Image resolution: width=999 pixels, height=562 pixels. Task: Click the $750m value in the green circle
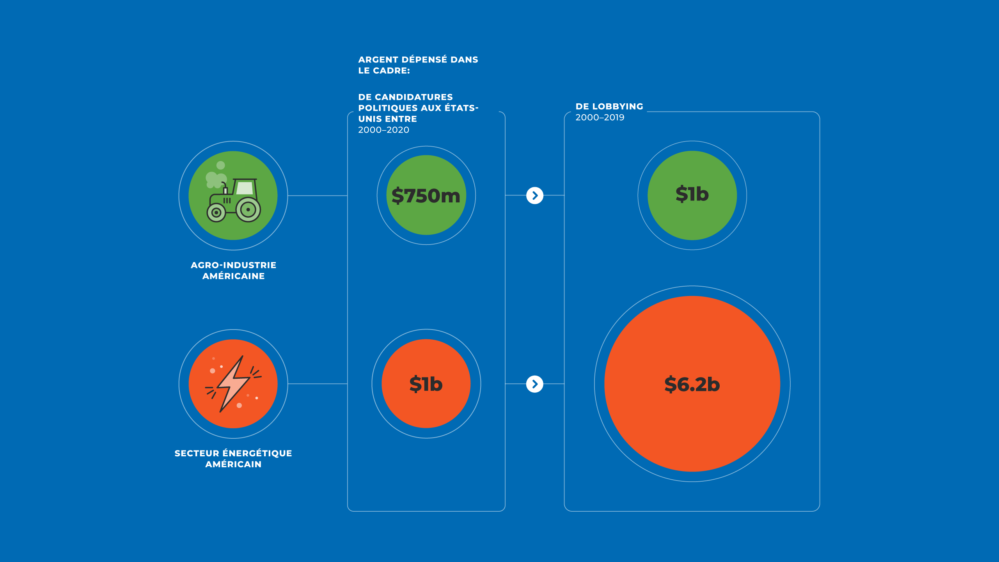(x=426, y=195)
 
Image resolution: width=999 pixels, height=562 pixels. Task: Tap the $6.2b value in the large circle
(x=692, y=384)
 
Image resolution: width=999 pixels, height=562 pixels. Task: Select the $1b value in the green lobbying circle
(x=692, y=194)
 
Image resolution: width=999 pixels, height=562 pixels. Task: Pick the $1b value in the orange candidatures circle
(x=426, y=384)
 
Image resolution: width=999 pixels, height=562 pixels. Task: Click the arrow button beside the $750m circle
(x=535, y=195)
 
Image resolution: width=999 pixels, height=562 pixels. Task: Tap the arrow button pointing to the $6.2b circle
(x=535, y=384)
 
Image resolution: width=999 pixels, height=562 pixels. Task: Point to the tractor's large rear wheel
(x=248, y=210)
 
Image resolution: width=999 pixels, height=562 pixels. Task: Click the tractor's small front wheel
(x=216, y=213)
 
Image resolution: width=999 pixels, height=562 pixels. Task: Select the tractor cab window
(x=245, y=188)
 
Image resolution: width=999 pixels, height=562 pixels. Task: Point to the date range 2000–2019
(x=600, y=117)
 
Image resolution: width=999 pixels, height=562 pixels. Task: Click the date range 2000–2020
(x=384, y=130)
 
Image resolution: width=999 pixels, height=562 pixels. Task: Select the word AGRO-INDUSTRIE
(x=233, y=265)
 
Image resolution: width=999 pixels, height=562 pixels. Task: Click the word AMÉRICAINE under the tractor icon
(x=233, y=276)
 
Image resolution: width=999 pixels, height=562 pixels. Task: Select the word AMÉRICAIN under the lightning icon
(x=233, y=464)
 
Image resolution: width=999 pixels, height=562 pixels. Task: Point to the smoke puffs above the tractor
(x=216, y=176)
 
